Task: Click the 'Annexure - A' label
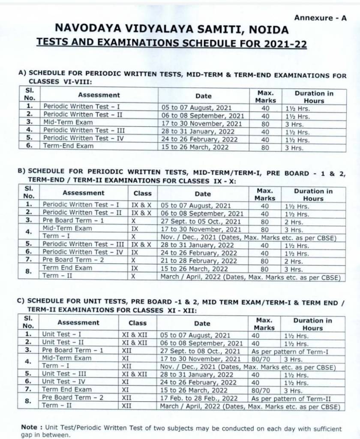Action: (320, 18)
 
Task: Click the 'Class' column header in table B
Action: (142, 193)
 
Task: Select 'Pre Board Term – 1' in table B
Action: (73, 220)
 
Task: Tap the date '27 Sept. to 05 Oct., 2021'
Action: (201, 221)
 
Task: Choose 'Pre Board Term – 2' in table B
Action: (73, 260)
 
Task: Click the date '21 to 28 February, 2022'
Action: (198, 261)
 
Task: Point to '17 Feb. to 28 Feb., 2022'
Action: (199, 398)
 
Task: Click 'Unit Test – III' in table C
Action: (64, 374)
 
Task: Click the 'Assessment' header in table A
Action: (99, 95)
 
